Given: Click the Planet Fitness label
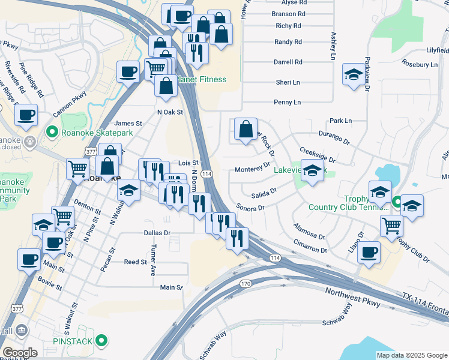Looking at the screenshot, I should (x=201, y=80).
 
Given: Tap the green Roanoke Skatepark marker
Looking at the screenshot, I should (x=52, y=131).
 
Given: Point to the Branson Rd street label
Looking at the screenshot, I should (x=289, y=14).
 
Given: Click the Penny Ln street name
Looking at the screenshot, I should (x=286, y=103).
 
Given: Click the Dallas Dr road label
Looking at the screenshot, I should (x=157, y=232).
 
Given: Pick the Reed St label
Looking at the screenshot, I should (x=135, y=262).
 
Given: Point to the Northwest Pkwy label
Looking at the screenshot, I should (x=353, y=298).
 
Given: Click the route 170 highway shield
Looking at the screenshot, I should (x=245, y=283).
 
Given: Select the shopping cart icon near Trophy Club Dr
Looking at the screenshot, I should (x=391, y=226).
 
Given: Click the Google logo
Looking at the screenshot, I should (x=20, y=353).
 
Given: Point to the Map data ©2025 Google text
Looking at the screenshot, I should (x=412, y=355).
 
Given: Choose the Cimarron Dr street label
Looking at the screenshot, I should (x=311, y=247).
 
